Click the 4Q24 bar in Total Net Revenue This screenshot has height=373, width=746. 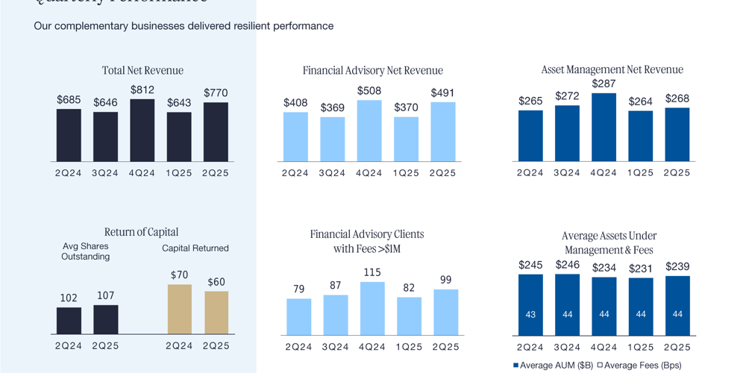pos(142,131)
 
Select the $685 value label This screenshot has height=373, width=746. pos(69,99)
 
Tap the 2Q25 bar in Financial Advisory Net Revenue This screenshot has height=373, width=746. pos(443,132)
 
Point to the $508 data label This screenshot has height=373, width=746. pos(369,91)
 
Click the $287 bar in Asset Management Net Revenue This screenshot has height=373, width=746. pos(604,128)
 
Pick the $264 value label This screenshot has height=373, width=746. pos(641,101)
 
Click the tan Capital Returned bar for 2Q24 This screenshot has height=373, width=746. pos(179,309)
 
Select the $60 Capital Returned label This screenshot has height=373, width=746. pos(216,282)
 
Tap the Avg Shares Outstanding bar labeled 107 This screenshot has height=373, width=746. pos(105,319)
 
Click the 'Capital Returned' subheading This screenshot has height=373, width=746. pos(195,248)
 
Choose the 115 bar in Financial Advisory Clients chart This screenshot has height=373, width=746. pos(372,308)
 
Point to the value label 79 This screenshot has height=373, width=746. pos(299,289)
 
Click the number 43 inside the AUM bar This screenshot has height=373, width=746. pos(530,315)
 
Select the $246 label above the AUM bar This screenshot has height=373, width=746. pos(568,265)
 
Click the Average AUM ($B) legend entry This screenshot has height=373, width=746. pos(552,365)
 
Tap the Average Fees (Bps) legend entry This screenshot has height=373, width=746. pos(640,365)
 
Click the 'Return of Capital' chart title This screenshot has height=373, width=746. pos(142,232)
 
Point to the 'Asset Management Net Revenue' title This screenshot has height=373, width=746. pos(612,69)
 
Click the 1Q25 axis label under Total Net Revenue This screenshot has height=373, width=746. pos(179,172)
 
